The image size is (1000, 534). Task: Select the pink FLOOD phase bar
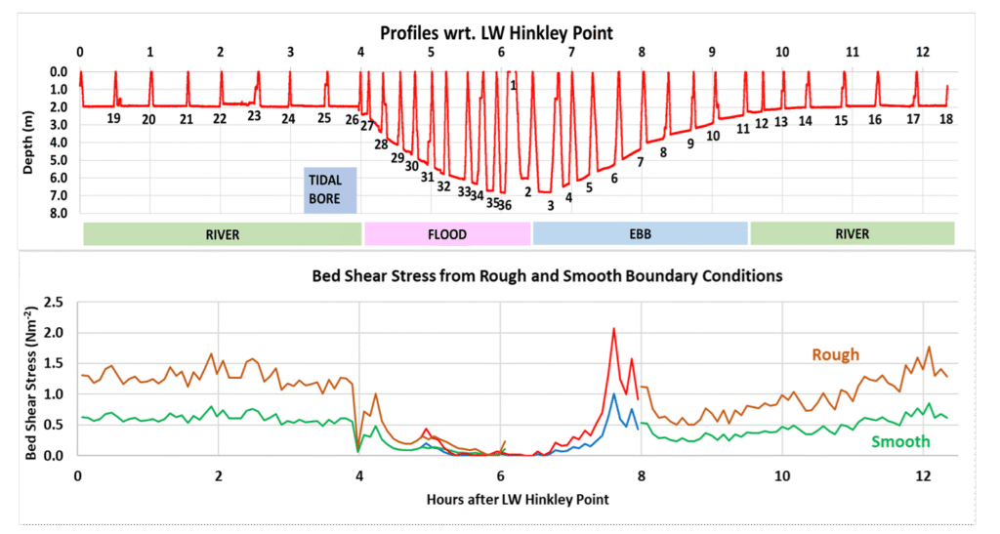(446, 234)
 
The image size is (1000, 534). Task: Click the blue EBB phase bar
(640, 234)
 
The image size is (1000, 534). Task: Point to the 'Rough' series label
(835, 354)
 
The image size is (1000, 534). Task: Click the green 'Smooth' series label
(899, 442)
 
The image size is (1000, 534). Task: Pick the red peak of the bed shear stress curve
(613, 329)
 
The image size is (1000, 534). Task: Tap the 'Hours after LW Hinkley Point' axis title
(518, 500)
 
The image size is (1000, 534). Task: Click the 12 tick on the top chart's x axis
(923, 52)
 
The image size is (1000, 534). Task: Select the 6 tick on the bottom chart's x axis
(500, 475)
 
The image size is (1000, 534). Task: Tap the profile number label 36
(505, 205)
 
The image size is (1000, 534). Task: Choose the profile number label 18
(945, 119)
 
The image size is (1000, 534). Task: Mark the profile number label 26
(352, 119)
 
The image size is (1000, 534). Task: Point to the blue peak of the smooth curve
(613, 394)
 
